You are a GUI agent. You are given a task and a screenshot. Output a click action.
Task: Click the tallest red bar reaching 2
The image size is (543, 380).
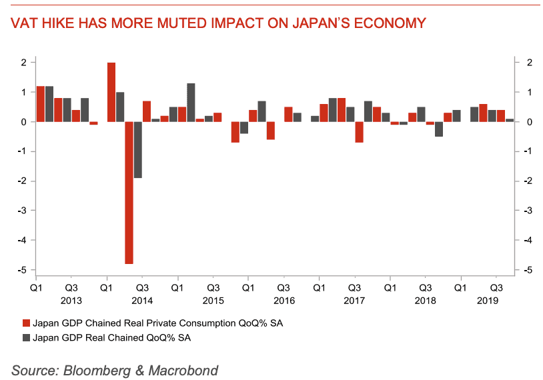tap(111, 92)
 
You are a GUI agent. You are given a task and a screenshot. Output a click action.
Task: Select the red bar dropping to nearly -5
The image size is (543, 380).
tap(129, 193)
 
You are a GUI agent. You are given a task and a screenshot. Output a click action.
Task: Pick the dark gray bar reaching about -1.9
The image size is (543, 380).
tap(138, 150)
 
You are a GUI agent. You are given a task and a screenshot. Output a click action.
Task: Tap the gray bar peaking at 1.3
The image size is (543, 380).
tap(191, 103)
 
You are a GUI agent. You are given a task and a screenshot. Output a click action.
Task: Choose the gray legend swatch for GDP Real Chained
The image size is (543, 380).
tap(27, 338)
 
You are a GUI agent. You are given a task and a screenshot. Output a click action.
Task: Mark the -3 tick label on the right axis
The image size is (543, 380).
tap(527, 211)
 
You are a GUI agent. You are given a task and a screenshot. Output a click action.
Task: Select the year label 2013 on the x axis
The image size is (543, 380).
tap(71, 301)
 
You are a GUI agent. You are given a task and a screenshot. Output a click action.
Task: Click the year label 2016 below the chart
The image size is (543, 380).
tap(284, 301)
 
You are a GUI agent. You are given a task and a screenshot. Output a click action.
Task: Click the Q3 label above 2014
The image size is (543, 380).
tap(142, 287)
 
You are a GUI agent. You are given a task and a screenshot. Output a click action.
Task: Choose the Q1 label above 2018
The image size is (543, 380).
tap(389, 287)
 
